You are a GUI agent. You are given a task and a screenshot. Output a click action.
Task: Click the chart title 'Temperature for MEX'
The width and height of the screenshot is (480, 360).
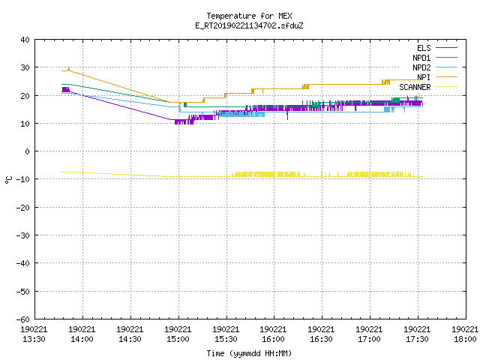click(x=249, y=16)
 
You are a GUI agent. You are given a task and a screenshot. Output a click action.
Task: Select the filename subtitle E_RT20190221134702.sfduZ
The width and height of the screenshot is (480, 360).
click(x=249, y=25)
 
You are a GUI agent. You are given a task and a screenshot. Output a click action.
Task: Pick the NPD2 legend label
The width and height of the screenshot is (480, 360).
click(x=421, y=67)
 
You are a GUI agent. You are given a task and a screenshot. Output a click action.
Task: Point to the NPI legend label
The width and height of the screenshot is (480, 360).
click(x=424, y=77)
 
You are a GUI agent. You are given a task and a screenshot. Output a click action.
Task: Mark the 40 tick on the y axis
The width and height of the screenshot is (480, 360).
click(x=25, y=40)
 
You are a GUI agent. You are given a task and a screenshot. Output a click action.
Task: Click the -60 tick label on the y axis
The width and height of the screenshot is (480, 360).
click(x=23, y=319)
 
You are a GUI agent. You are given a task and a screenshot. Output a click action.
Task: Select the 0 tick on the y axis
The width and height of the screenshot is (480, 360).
click(x=28, y=151)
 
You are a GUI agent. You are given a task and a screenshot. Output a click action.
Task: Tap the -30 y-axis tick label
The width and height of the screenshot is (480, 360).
click(x=23, y=235)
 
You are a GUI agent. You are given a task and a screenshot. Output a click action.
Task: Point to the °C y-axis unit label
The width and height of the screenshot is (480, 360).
click(x=8, y=180)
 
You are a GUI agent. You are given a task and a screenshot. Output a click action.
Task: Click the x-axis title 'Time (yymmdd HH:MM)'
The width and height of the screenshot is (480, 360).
click(x=249, y=353)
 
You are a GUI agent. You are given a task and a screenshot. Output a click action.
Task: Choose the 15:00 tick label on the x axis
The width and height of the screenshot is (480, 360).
click(x=178, y=334)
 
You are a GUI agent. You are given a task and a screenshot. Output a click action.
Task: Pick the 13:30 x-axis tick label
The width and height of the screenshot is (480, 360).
click(x=34, y=334)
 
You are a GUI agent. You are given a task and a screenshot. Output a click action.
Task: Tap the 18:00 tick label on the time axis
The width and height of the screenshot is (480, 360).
click(x=465, y=334)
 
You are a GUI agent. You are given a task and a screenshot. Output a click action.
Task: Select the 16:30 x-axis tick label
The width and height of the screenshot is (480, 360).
click(x=321, y=334)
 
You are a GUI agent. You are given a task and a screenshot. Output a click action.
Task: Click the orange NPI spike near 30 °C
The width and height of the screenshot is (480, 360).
click(x=69, y=68)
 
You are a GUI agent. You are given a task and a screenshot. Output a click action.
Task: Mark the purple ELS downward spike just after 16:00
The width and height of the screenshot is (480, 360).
click(x=287, y=115)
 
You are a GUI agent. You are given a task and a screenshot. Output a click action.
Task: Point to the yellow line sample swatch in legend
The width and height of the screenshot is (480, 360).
click(x=446, y=87)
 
